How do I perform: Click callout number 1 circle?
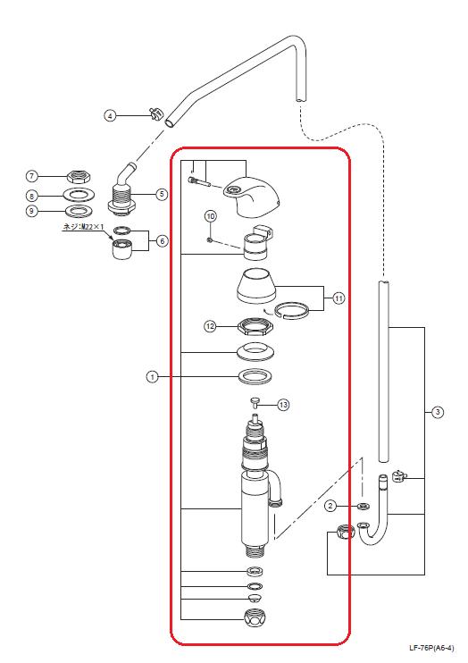click(152, 376)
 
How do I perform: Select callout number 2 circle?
click(331, 506)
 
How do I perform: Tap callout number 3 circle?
click(438, 411)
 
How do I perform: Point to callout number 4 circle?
click(110, 115)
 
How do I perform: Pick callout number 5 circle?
click(162, 194)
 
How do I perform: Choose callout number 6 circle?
click(162, 241)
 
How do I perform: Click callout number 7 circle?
click(32, 176)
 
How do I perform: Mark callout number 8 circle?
click(32, 197)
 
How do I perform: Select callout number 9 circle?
click(32, 211)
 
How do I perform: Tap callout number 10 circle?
click(211, 216)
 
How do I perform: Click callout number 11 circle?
click(338, 298)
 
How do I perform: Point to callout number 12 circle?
click(210, 326)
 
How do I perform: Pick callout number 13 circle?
click(283, 405)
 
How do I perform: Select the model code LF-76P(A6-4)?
click(431, 647)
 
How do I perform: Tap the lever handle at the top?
click(253, 196)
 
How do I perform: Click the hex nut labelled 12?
click(255, 327)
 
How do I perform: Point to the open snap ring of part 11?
click(291, 311)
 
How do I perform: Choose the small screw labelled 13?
click(256, 402)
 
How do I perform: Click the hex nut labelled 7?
click(79, 176)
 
